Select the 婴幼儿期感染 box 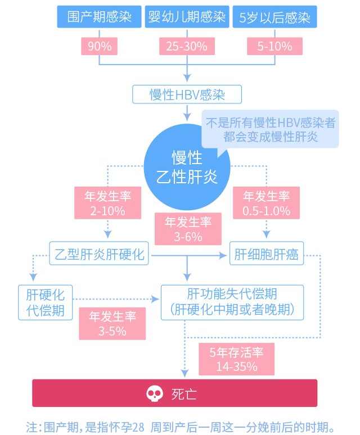[187, 17]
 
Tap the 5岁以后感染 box [274, 17]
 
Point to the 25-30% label [187, 46]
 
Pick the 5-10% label [274, 46]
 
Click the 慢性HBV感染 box [187, 94]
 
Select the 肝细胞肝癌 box [267, 255]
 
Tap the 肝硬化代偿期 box [46, 302]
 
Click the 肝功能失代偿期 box [232, 302]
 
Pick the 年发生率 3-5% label [112, 323]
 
